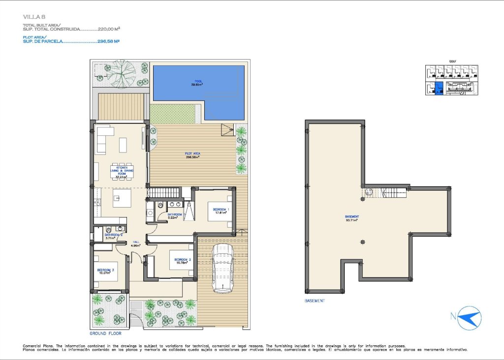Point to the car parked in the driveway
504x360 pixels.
(222, 268)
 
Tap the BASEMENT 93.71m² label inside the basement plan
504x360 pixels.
(351, 218)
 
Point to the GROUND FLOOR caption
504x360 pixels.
(105, 333)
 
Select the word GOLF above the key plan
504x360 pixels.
(452, 61)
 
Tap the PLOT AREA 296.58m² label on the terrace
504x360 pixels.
(193, 155)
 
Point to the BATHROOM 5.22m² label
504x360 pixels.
(175, 216)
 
